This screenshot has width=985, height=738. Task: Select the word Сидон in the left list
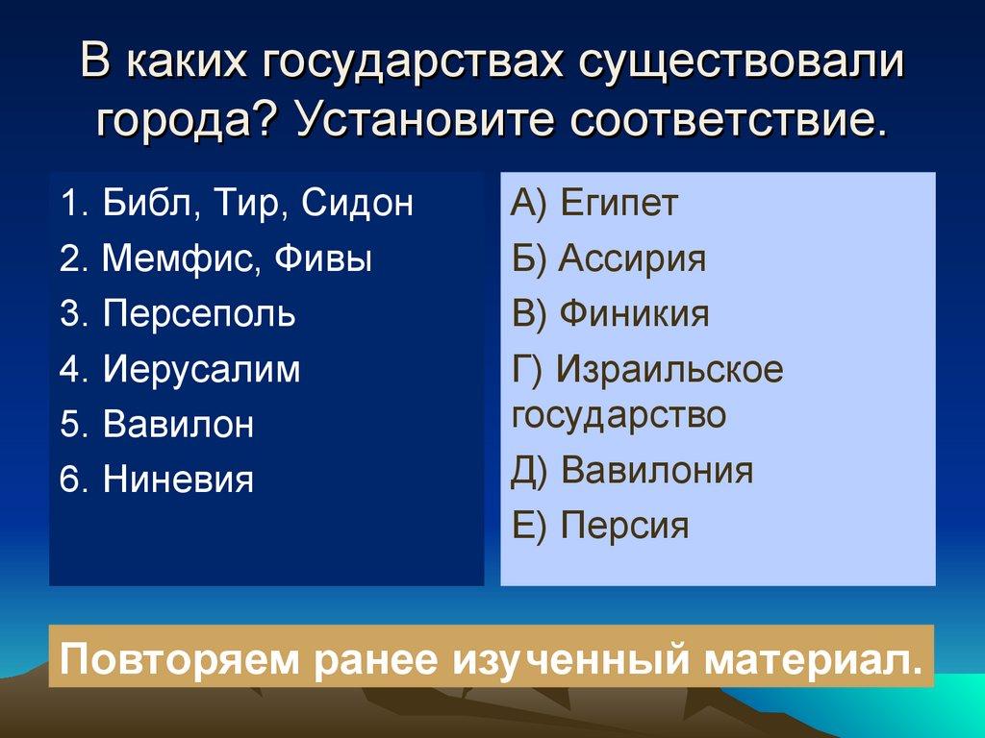pyautogui.click(x=357, y=204)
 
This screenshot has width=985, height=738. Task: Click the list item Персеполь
pyautogui.click(x=199, y=314)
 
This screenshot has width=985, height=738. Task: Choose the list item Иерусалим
pyautogui.click(x=201, y=370)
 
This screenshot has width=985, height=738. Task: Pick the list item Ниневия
pyautogui.click(x=178, y=480)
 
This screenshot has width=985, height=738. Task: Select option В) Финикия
pyautogui.click(x=610, y=314)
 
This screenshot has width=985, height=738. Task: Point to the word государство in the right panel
pyautogui.click(x=619, y=416)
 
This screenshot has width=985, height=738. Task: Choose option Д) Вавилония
pyautogui.click(x=632, y=471)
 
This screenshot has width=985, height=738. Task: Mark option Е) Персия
pyautogui.click(x=600, y=527)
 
